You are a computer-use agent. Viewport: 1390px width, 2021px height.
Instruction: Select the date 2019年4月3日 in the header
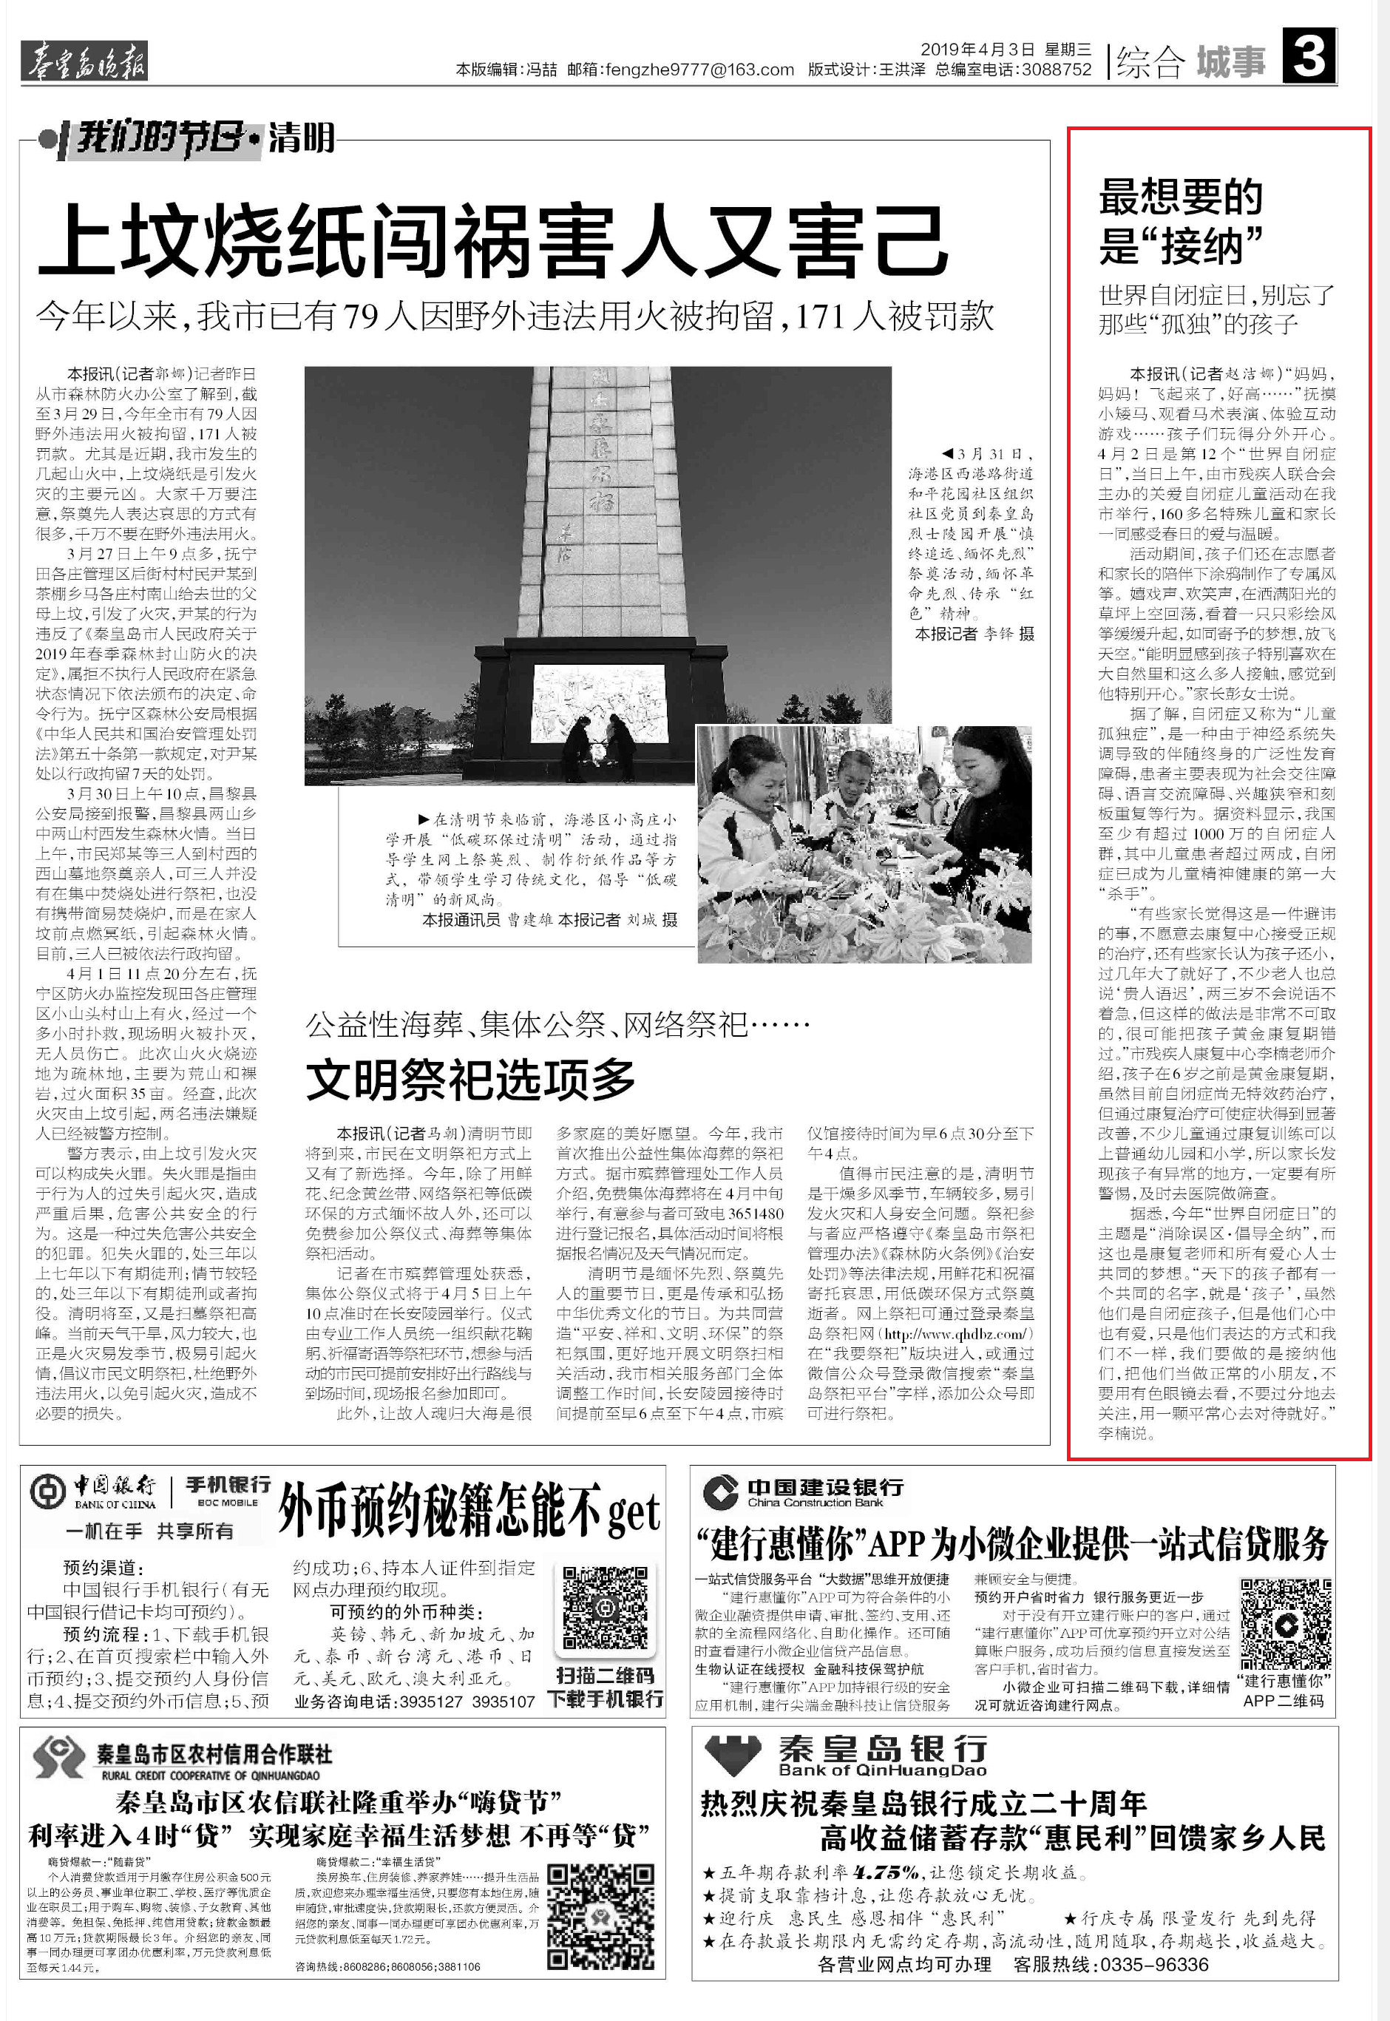click(x=977, y=50)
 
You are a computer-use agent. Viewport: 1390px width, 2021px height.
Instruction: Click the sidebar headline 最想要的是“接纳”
click(x=1181, y=221)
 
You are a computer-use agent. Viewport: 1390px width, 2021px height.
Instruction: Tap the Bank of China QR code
click(x=604, y=1609)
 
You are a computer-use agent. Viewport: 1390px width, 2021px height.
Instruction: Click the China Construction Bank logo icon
click(x=720, y=1492)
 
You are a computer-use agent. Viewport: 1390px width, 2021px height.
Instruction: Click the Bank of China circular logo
click(x=47, y=1492)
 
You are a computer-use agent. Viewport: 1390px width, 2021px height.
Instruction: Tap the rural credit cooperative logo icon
click(x=58, y=1756)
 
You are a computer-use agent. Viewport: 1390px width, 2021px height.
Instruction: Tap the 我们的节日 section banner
click(x=161, y=138)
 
